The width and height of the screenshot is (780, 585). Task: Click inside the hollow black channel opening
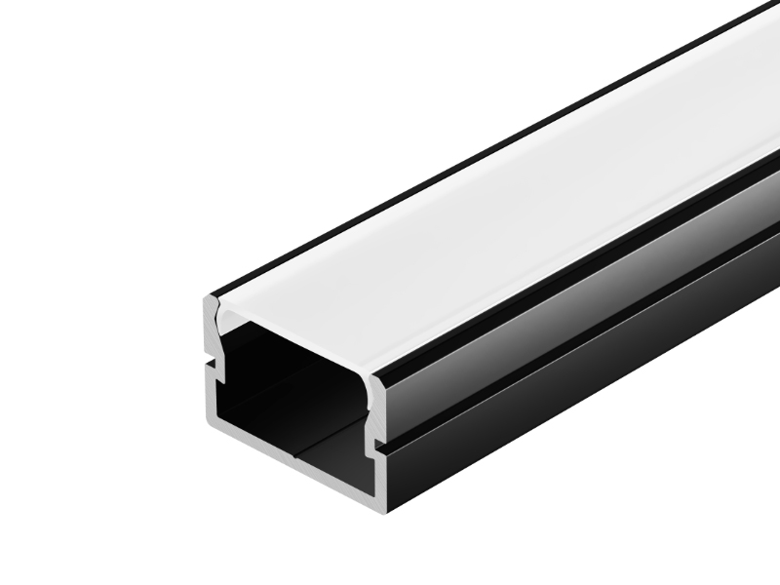292,390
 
